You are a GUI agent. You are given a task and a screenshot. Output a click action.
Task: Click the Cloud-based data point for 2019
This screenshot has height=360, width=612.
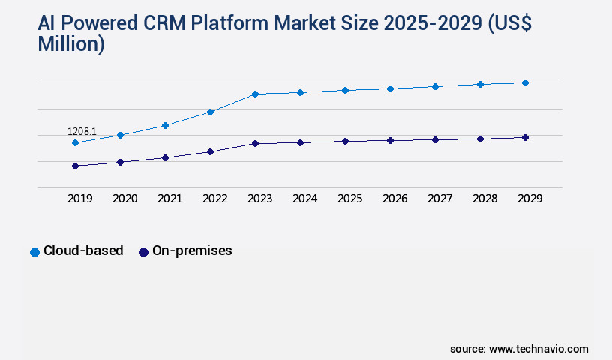[75, 142]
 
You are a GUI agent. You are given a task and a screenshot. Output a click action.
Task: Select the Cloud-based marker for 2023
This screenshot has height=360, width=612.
[255, 94]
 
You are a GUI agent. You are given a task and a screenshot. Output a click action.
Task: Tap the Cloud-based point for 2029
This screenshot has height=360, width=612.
[525, 82]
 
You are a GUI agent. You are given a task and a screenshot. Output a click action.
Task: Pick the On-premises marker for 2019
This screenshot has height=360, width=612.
[75, 166]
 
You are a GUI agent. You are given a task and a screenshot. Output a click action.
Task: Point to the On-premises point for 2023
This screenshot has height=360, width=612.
[255, 143]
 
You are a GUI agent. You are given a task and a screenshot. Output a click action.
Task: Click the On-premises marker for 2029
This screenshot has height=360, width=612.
[525, 137]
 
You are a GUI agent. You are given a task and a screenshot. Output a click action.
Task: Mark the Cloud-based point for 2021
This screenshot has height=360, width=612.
[165, 125]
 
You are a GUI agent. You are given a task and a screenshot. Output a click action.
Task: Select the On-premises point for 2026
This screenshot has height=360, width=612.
[390, 140]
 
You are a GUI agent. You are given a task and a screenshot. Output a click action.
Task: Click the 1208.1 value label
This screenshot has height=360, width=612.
[82, 131]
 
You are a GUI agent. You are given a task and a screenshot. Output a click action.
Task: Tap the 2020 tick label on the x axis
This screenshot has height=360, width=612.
[124, 199]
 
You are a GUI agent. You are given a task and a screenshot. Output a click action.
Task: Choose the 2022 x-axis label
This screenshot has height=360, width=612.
[214, 199]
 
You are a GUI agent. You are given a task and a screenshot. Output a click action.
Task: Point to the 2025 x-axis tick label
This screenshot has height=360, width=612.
[349, 199]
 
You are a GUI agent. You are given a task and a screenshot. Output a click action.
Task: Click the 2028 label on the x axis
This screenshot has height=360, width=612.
[484, 199]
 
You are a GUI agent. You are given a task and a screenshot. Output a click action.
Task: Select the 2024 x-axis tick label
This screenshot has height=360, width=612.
[304, 199]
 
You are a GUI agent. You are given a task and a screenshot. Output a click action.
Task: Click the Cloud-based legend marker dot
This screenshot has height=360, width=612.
[34, 252]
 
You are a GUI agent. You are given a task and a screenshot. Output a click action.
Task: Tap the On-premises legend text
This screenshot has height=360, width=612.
[192, 251]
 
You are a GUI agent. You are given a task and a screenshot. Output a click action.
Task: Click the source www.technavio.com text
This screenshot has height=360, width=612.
[519, 349]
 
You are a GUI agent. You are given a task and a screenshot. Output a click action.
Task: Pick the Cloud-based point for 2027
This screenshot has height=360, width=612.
[435, 86]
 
